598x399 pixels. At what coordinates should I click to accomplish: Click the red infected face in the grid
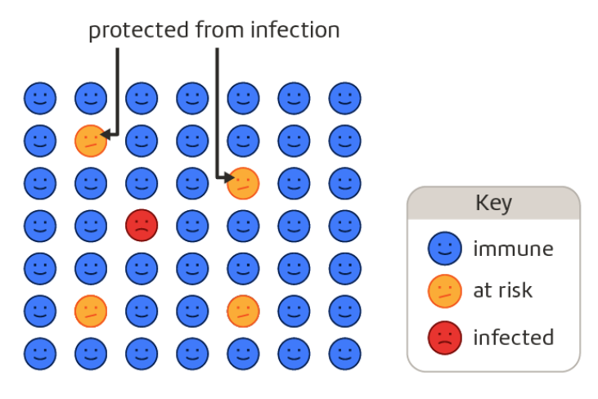[142, 225]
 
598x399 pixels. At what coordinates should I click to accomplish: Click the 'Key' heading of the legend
[493, 203]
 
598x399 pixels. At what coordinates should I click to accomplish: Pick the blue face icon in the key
[445, 249]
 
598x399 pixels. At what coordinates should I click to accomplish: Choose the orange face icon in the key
[445, 292]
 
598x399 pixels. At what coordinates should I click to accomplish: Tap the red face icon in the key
[445, 338]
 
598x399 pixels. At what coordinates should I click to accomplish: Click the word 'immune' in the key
[513, 249]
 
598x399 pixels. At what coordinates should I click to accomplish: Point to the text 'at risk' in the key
[502, 290]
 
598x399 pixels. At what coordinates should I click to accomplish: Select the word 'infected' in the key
[513, 337]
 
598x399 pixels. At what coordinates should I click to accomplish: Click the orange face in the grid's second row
[91, 141]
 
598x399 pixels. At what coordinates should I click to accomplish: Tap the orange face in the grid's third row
[243, 183]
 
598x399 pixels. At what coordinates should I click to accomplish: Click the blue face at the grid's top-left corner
[39, 99]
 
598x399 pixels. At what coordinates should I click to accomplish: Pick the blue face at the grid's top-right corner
[344, 99]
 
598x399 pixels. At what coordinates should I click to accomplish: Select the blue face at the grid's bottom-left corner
[39, 352]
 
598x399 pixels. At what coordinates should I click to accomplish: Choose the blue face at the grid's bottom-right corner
[344, 352]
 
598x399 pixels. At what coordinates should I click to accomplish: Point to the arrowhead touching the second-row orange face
[109, 134]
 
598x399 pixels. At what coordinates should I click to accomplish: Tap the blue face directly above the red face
[142, 183]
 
